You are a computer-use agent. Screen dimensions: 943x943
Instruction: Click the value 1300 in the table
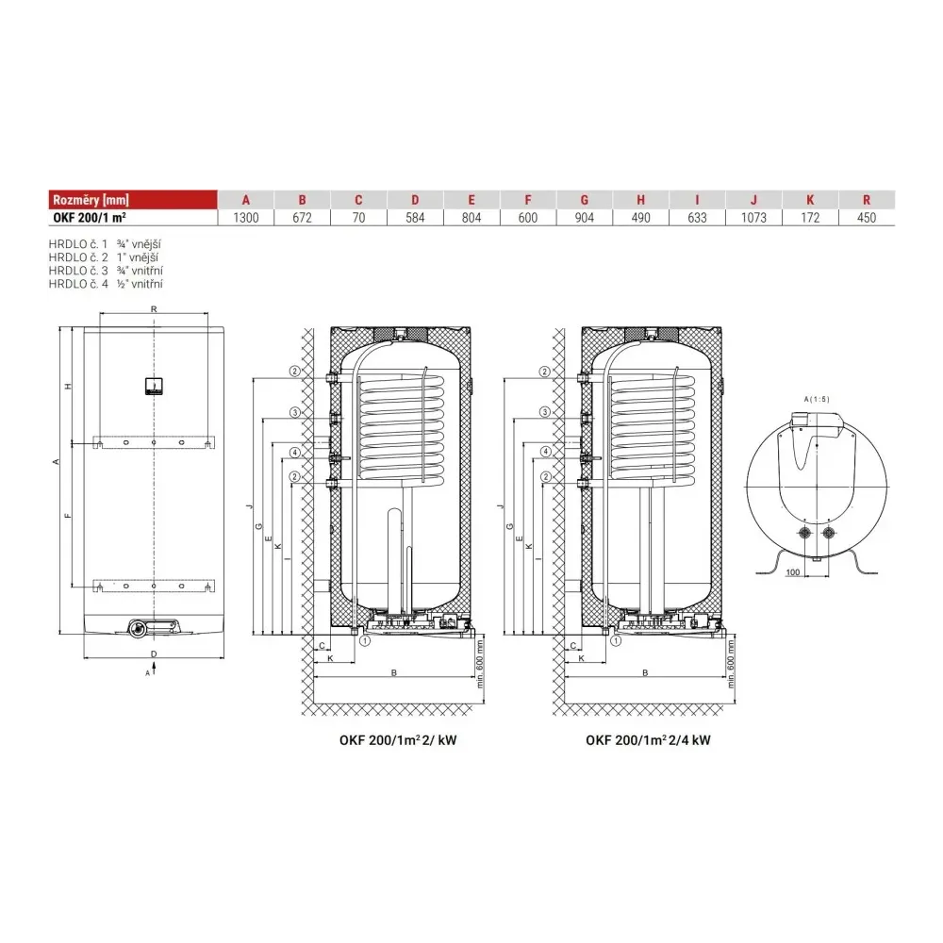(245, 218)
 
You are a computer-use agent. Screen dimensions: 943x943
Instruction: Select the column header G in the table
(584, 200)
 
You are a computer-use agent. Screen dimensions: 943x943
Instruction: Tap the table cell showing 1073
(753, 218)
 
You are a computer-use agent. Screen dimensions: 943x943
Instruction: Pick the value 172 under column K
(810, 218)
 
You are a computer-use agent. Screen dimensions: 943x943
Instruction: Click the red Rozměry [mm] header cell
(133, 200)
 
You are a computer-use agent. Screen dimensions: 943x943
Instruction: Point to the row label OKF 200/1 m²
(90, 218)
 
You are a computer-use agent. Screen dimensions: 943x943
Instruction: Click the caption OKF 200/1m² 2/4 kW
(649, 740)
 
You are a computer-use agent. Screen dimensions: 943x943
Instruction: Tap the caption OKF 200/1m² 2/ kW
(398, 740)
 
